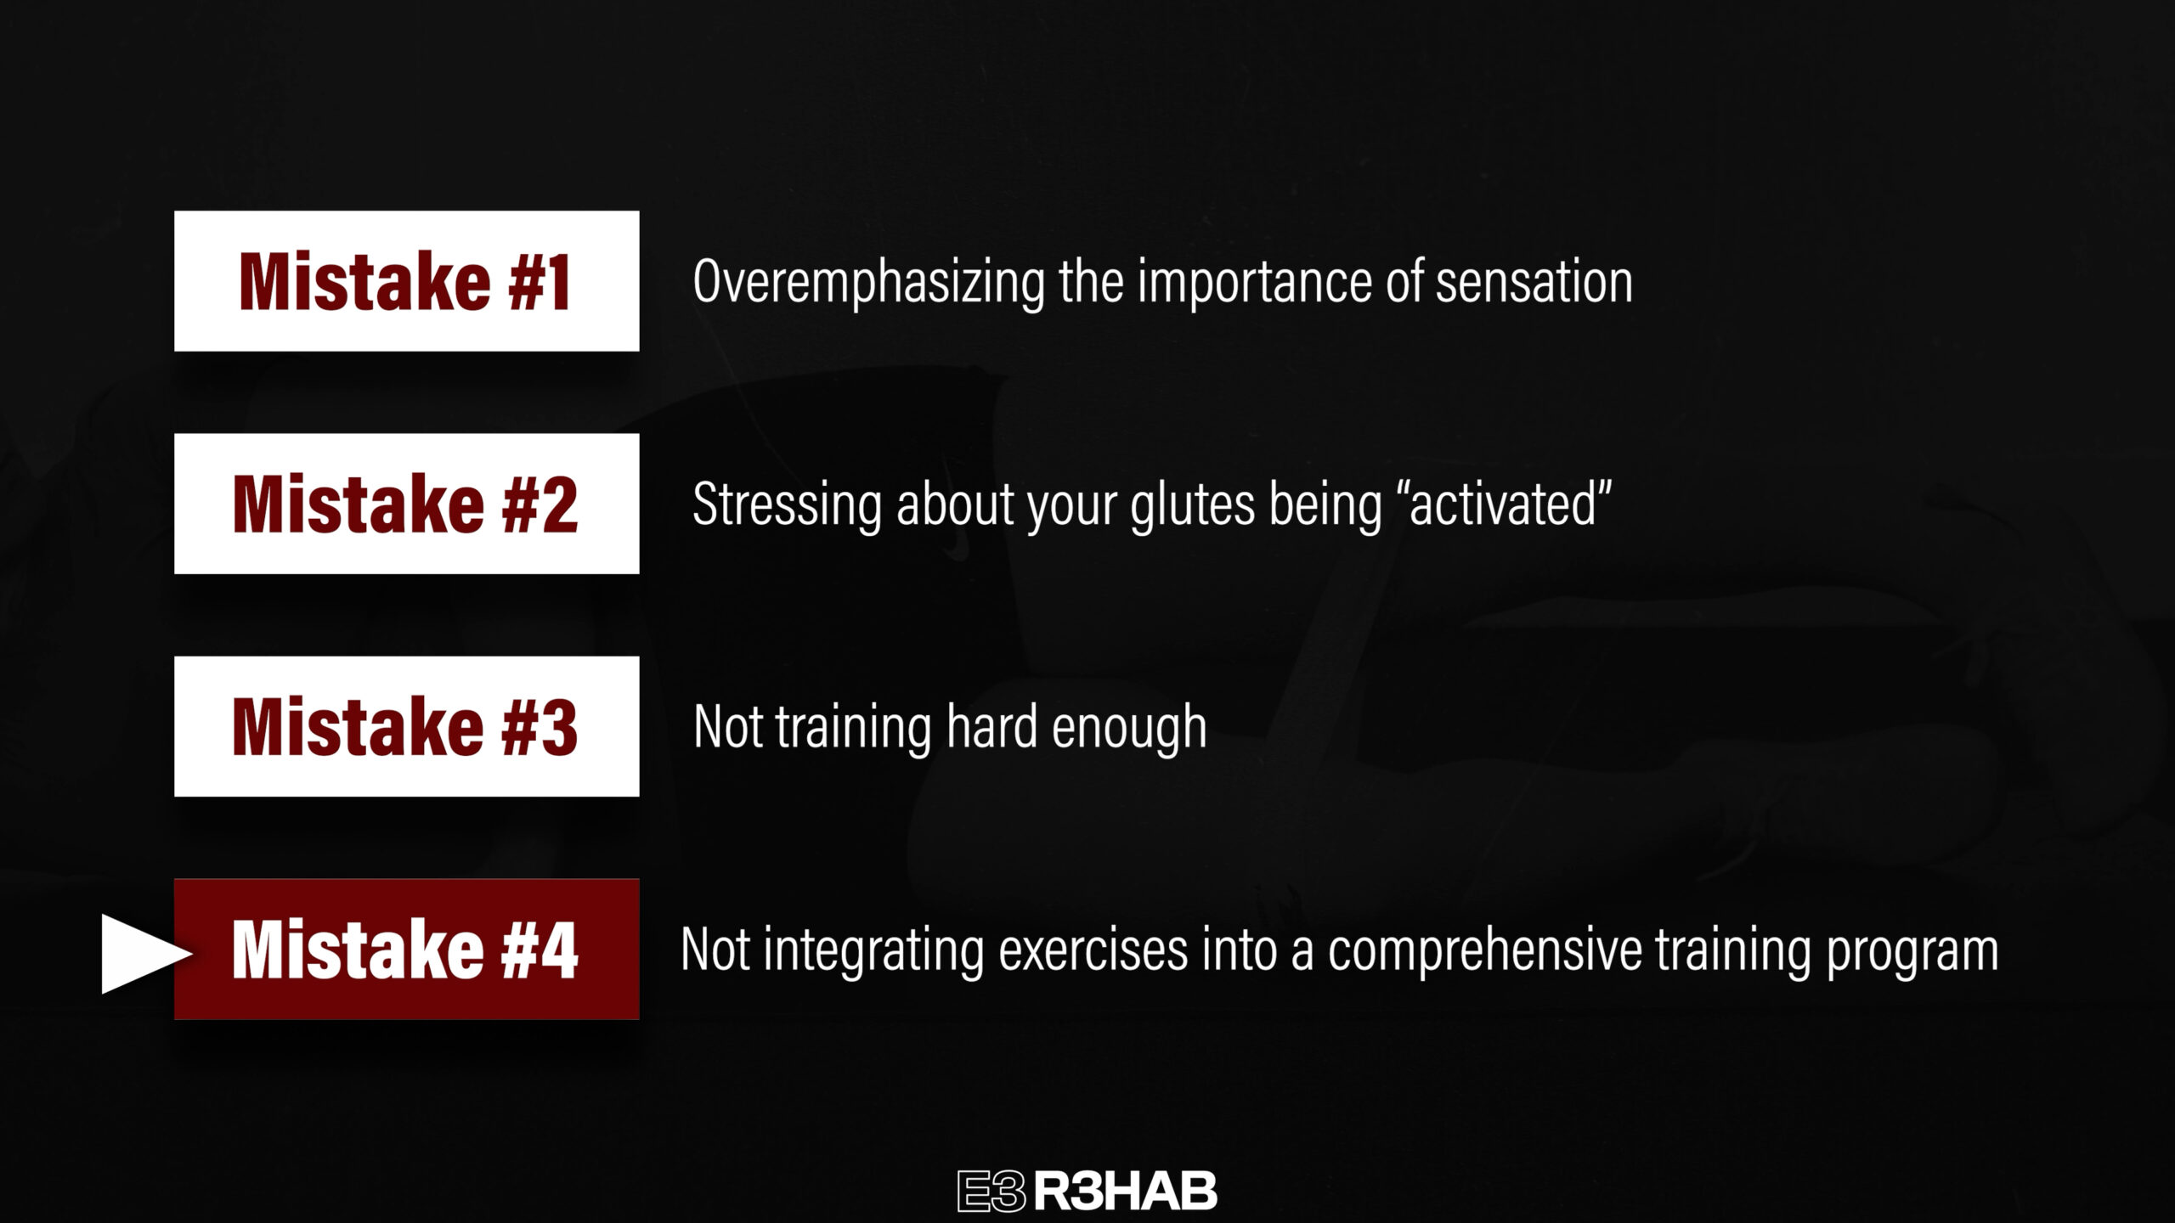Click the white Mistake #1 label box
click(x=406, y=281)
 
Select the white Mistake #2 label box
click(x=406, y=504)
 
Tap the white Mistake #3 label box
click(x=406, y=726)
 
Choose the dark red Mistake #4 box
click(x=406, y=949)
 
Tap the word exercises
click(x=1093, y=950)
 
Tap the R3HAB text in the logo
click(x=1126, y=1192)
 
